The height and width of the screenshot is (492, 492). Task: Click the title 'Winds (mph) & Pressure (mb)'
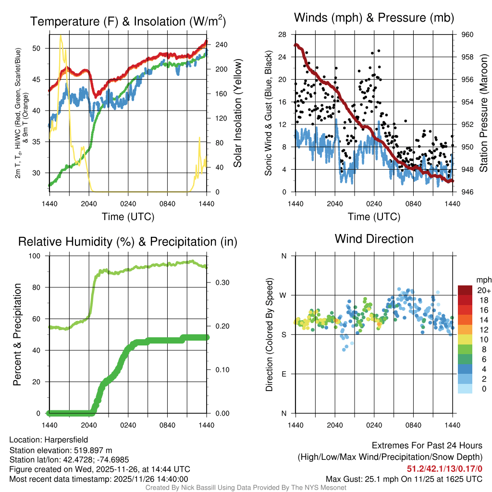pyautogui.click(x=374, y=18)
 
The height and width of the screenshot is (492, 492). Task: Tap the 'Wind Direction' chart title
pyautogui.click(x=374, y=239)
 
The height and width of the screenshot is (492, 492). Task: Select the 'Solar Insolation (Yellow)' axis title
pyautogui.click(x=238, y=113)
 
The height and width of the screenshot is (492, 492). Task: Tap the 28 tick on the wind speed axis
pyautogui.click(x=283, y=35)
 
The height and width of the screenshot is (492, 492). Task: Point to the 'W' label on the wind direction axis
pyautogui.click(x=284, y=295)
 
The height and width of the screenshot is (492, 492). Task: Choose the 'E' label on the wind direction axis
pyautogui.click(x=284, y=374)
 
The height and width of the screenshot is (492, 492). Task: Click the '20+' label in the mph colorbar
pyautogui.click(x=484, y=291)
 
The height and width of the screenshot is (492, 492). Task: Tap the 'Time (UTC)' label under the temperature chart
pyautogui.click(x=128, y=217)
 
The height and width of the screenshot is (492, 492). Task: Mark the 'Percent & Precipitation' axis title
pyautogui.click(x=17, y=334)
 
